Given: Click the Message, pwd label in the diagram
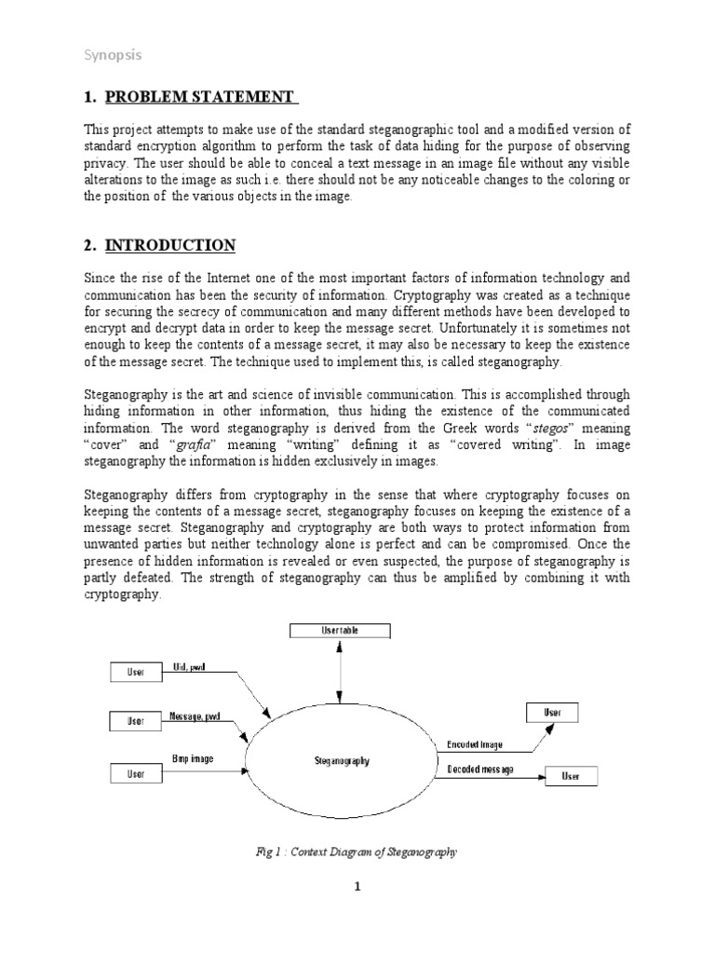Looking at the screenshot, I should pos(196,716).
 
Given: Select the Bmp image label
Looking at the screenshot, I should pos(193,758).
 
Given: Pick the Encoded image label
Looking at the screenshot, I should pos(476,744).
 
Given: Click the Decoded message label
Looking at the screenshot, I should pos(480,770).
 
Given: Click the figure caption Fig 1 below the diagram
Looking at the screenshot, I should pos(356,852).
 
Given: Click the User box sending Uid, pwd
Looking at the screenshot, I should pos(136,671).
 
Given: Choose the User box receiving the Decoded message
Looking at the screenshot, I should pos(570,776).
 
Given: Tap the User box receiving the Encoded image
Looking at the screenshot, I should pos(552,713).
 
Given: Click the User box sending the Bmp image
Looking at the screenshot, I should pos(136,772).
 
